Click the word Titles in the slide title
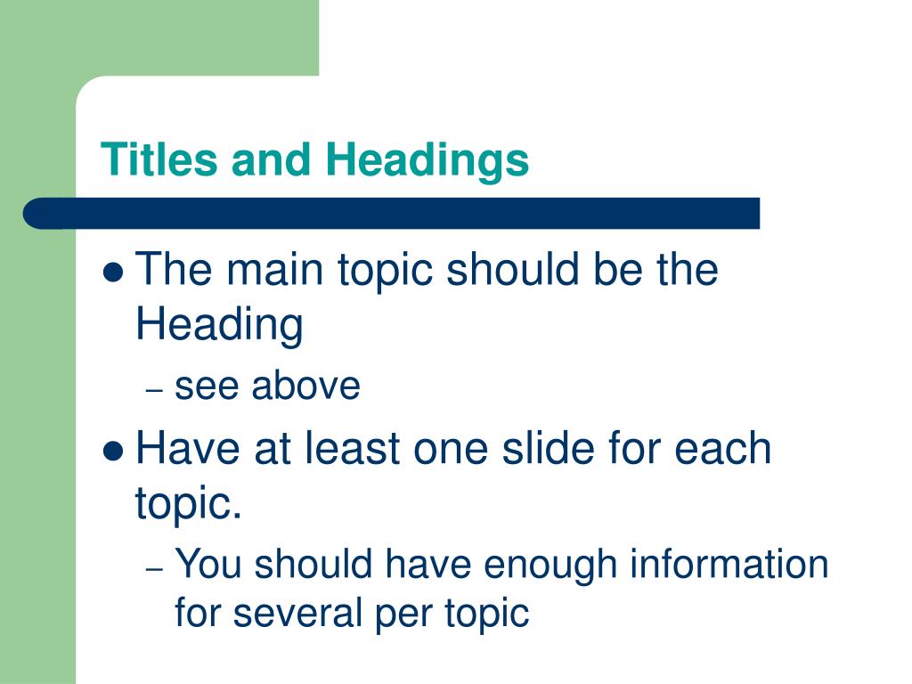point(159,159)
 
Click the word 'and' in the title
point(271,159)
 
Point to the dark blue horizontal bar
point(392,214)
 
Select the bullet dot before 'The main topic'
point(113,273)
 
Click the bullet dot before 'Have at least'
point(113,451)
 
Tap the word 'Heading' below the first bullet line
point(219,325)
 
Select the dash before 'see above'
point(154,390)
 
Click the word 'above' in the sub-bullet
point(306,385)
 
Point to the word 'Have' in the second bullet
point(188,448)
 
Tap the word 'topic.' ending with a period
point(188,503)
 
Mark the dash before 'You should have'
point(154,568)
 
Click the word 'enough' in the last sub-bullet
point(550,565)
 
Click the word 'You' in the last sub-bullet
point(208,563)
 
